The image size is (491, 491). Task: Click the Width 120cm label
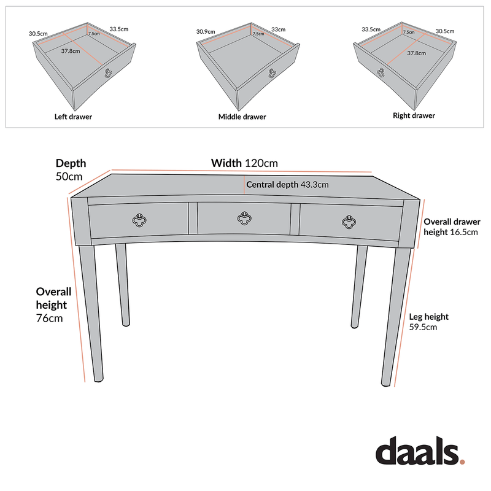pos(244,163)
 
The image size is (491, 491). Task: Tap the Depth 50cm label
pos(71,169)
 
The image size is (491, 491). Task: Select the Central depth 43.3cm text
pos(287,184)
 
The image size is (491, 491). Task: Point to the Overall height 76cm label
pos(54,304)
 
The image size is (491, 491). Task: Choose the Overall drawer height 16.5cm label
pos(452,226)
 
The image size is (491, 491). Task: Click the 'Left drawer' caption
pos(73,117)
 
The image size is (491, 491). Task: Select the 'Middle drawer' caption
pos(242,117)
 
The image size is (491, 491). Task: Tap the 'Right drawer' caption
pos(414,115)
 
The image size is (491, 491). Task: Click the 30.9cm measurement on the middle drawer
pos(206,31)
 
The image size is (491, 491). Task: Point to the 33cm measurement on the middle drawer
pos(278,29)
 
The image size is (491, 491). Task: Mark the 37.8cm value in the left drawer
pos(71,52)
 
